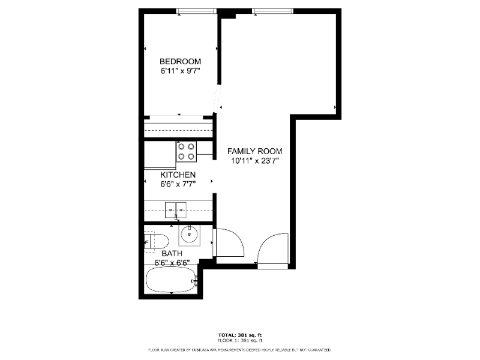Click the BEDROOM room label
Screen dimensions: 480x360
click(x=181, y=62)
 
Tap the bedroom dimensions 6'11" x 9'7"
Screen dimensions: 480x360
click(x=181, y=71)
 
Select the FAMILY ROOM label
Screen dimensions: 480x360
click(x=254, y=151)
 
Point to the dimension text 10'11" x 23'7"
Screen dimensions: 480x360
click(x=254, y=161)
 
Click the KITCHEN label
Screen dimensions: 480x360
click(x=178, y=175)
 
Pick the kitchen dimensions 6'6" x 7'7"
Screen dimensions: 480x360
click(x=178, y=184)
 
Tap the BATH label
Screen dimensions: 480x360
click(x=172, y=253)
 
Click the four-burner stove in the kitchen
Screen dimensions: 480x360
click(x=186, y=152)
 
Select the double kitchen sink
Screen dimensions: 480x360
click(x=176, y=210)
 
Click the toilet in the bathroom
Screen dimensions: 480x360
click(x=156, y=242)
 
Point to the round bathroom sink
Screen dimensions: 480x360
click(x=190, y=235)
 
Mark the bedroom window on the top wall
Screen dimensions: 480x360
click(x=197, y=11)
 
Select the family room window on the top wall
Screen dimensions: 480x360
click(x=272, y=11)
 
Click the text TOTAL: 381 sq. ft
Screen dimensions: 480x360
click(x=240, y=335)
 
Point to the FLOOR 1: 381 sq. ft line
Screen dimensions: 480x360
click(x=240, y=340)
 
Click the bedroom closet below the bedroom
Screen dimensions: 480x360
click(x=178, y=128)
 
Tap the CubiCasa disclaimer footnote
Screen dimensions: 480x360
click(x=239, y=350)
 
